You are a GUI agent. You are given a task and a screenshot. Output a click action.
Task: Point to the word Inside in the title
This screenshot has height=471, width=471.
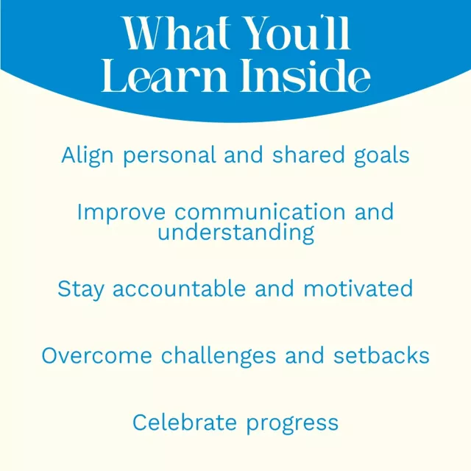305,75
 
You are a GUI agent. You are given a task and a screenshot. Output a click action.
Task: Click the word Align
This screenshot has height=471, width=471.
88,156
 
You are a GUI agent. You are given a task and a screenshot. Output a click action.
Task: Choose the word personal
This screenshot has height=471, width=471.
169,156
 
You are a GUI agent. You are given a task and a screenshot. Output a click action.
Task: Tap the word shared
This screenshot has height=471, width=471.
308,155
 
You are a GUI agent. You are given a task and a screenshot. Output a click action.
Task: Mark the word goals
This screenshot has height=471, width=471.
381,156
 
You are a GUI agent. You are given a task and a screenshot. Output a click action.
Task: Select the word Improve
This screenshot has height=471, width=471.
121,213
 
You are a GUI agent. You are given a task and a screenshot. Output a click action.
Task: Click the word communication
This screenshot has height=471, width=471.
260,211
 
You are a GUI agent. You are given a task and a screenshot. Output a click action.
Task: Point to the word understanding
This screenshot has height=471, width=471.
236,233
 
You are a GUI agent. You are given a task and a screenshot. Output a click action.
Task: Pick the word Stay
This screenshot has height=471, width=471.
81,289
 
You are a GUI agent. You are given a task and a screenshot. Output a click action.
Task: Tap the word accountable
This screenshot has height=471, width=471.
180,288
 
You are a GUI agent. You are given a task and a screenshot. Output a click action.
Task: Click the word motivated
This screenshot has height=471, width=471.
358,288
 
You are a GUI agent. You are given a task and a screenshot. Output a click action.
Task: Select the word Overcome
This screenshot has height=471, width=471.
96,356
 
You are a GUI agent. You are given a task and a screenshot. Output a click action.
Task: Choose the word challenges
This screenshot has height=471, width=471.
219,356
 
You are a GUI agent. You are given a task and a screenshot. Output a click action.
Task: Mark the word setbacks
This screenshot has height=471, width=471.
381,355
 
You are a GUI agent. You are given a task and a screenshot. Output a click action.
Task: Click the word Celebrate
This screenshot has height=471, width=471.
185,422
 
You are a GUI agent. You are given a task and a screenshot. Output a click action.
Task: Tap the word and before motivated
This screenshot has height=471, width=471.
275,288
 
